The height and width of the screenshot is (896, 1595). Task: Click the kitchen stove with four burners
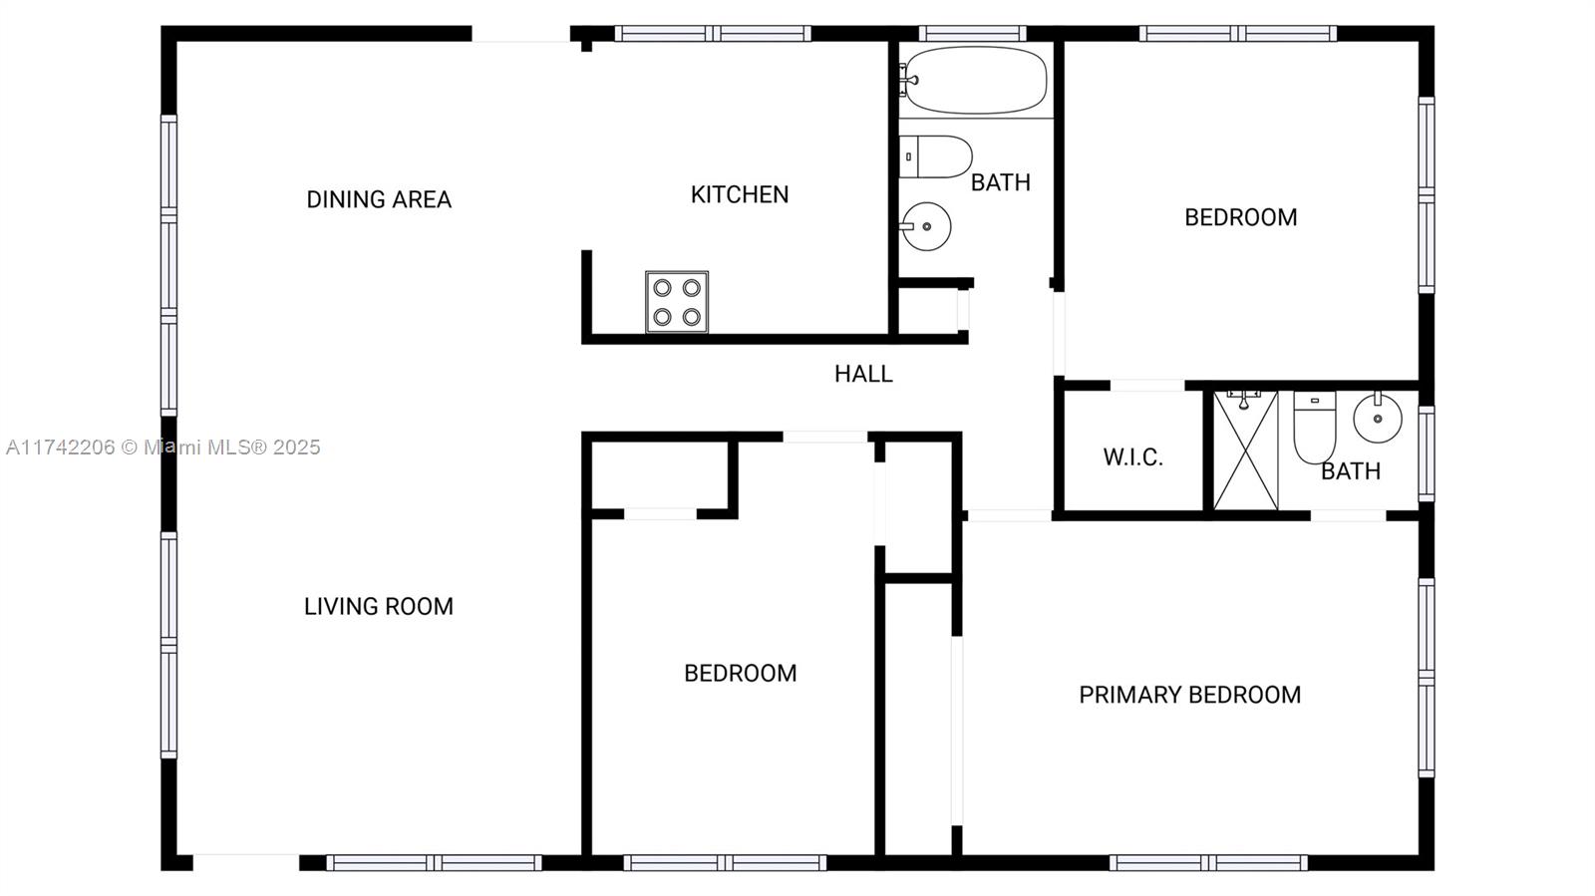pos(677,302)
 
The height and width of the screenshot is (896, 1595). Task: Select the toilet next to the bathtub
pos(936,156)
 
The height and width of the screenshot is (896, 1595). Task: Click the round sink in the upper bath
pos(926,226)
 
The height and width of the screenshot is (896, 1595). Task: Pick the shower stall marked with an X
pos(1245,449)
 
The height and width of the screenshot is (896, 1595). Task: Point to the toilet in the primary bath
pos(1315,427)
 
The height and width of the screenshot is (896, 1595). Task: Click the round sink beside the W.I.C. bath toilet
pos(1378,418)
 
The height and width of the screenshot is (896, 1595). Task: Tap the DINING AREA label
pos(379,199)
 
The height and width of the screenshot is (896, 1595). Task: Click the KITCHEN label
pos(740,194)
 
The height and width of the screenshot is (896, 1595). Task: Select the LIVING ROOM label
pos(379,606)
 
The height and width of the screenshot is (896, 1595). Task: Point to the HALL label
pos(863,374)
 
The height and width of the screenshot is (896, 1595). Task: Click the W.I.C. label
pos(1132,456)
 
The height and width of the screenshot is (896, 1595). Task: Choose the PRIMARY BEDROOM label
pos(1190,695)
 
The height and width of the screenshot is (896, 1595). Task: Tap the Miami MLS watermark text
pos(163,447)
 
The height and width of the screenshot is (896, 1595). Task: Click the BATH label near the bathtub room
pos(1001,183)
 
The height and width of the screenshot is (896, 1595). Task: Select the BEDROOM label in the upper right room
pos(1241,217)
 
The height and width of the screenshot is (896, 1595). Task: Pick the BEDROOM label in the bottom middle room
pos(741,673)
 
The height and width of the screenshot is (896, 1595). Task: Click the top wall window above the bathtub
pos(973,34)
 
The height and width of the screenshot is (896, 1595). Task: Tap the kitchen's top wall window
pos(713,34)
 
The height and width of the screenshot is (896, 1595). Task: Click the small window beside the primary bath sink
pos(1427,453)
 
